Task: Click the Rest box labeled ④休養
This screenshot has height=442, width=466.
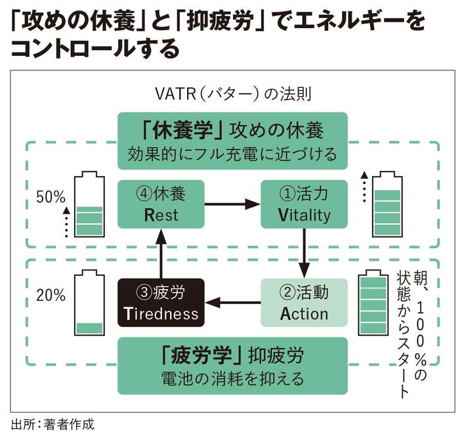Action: (161, 204)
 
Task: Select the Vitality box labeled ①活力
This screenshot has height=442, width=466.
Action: (304, 204)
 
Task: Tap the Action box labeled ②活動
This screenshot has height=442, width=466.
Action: (304, 302)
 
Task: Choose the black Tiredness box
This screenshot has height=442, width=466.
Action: (161, 302)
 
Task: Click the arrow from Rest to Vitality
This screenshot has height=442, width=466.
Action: (232, 204)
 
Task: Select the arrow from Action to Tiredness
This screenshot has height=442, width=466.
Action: (232, 303)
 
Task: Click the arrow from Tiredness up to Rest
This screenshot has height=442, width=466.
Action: (161, 253)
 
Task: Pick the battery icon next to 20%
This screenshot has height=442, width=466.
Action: (89, 302)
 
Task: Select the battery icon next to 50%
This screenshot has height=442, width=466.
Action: (89, 204)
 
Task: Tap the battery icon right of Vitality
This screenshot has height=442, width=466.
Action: (389, 204)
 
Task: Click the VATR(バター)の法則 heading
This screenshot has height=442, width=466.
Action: (232, 93)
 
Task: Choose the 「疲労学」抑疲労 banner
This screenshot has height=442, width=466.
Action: (232, 366)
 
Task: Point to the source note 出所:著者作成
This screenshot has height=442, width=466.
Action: (53, 424)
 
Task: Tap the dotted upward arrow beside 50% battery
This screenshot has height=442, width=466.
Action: (66, 223)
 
